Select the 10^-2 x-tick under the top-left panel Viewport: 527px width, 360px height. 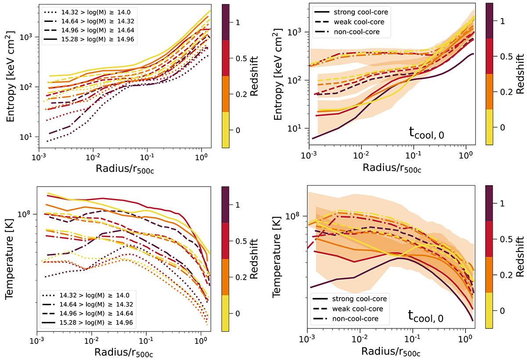(x=92, y=157)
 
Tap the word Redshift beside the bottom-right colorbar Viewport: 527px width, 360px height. (x=520, y=256)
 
